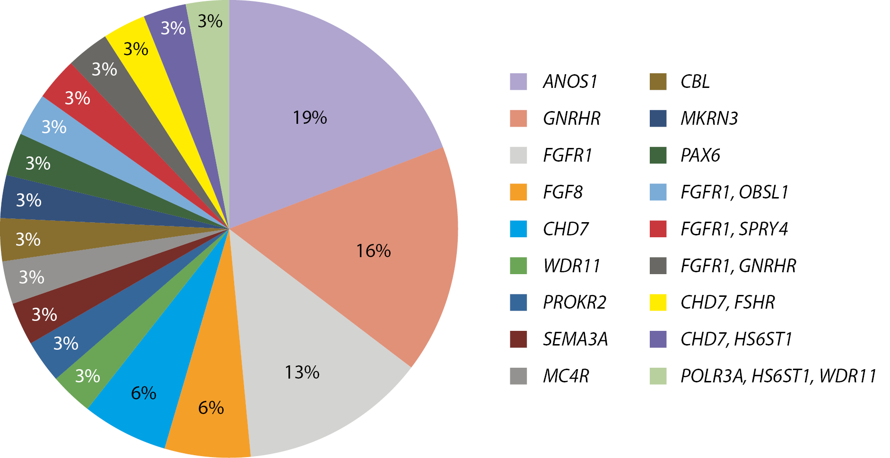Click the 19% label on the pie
(x=310, y=118)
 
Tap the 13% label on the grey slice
(x=302, y=372)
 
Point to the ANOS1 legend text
(x=570, y=82)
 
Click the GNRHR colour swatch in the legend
(x=518, y=119)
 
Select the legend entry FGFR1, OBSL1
(x=734, y=192)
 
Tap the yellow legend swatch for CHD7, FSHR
(x=658, y=302)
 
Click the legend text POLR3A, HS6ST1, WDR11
(x=778, y=376)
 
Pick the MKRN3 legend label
(x=709, y=119)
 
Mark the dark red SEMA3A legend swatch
(x=518, y=339)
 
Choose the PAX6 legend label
(x=700, y=156)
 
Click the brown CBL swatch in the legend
(x=658, y=82)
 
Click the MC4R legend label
(x=566, y=376)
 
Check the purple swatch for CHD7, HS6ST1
(x=658, y=339)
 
